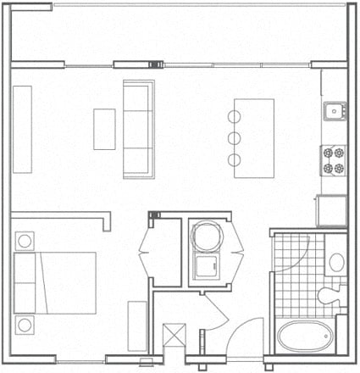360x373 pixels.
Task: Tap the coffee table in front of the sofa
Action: tap(104, 129)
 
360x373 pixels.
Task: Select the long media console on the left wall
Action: tap(23, 129)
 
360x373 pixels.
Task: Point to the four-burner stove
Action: tap(334, 159)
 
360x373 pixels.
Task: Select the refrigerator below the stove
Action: tap(332, 209)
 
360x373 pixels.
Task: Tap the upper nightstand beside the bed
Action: tap(24, 241)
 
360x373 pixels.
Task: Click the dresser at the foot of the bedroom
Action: tap(136, 326)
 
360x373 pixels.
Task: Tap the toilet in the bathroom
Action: tap(329, 297)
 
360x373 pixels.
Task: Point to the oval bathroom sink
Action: tap(335, 261)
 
